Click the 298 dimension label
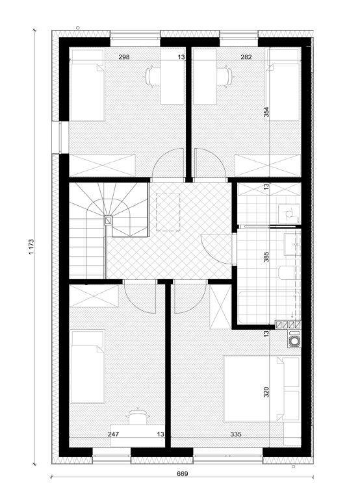pyautogui.click(x=124, y=57)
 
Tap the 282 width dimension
pyautogui.click(x=246, y=57)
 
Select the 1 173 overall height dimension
pyautogui.click(x=31, y=247)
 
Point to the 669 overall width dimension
pyautogui.click(x=182, y=474)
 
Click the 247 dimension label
pyautogui.click(x=113, y=434)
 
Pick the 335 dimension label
pyautogui.click(x=235, y=434)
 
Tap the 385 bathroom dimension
pyautogui.click(x=266, y=257)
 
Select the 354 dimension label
pyautogui.click(x=266, y=112)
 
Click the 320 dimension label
pyautogui.click(x=266, y=392)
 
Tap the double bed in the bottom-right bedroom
pyautogui.click(x=261, y=388)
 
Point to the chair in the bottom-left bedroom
pyautogui.click(x=138, y=416)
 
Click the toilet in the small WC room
pyautogui.click(x=289, y=214)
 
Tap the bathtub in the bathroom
pyautogui.click(x=269, y=306)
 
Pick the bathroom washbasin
pyautogui.click(x=292, y=245)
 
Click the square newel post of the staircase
pyautogui.click(x=109, y=221)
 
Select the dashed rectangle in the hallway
pyautogui.click(x=168, y=212)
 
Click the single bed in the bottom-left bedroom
pyautogui.click(x=88, y=366)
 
